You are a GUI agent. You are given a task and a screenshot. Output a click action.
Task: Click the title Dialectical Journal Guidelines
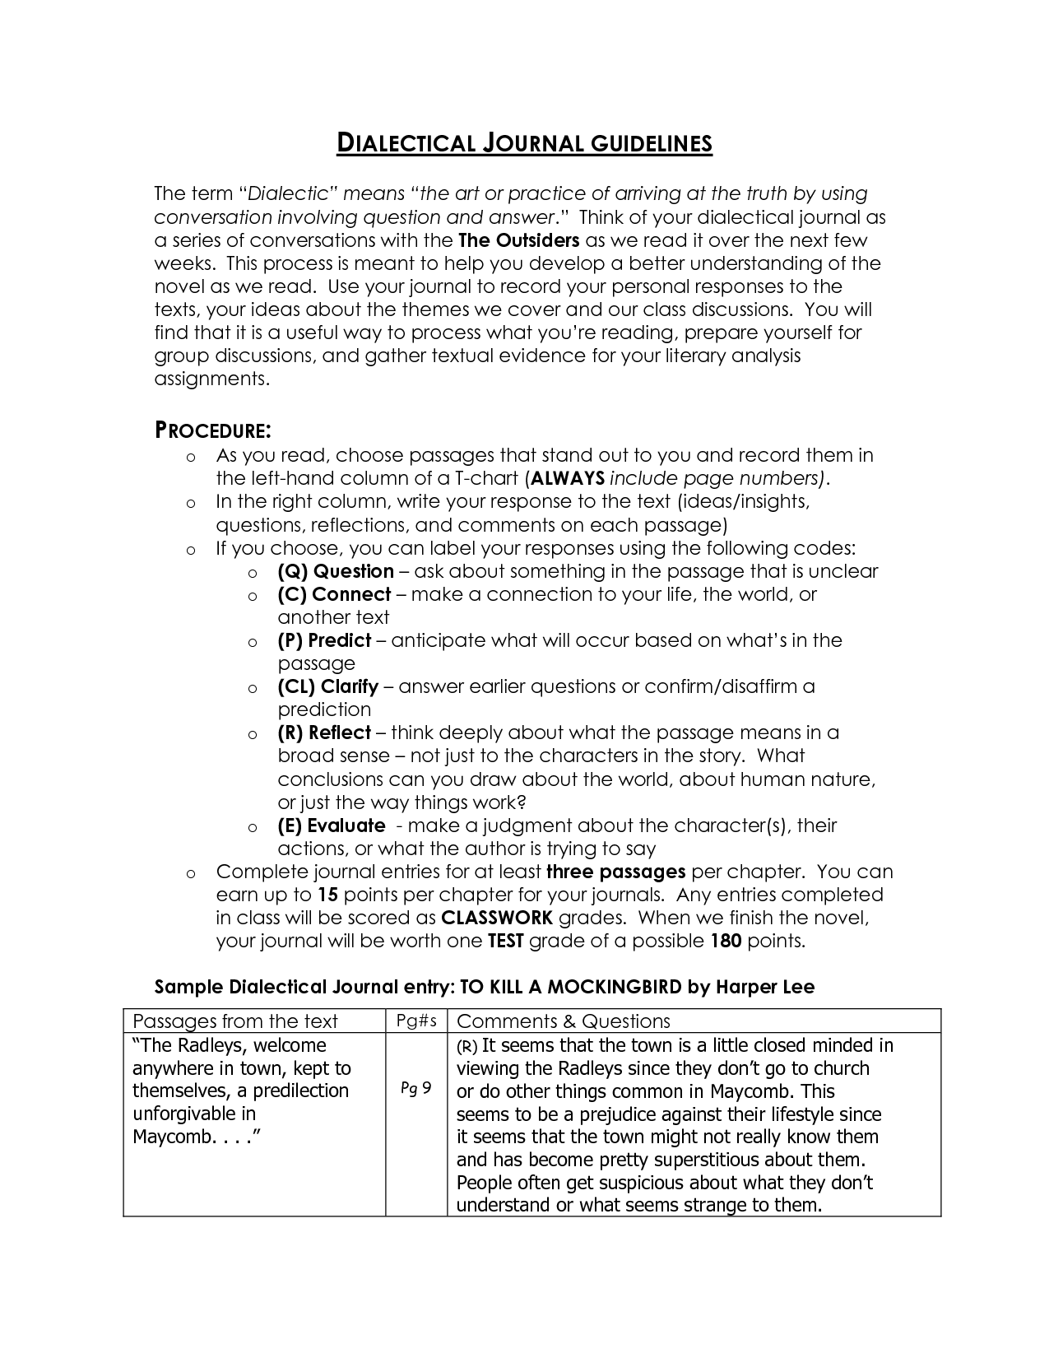(x=524, y=144)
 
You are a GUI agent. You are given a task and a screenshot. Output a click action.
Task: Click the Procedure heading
(x=213, y=430)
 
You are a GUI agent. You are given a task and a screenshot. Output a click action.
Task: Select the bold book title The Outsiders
(x=518, y=240)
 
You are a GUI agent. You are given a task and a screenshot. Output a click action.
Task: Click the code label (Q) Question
(x=336, y=571)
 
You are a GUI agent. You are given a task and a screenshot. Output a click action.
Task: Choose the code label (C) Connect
(x=334, y=594)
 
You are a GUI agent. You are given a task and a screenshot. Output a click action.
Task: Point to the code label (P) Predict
(x=324, y=640)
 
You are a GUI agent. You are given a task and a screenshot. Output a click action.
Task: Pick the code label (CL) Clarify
(x=327, y=686)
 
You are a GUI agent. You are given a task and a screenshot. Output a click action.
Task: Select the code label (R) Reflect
(x=324, y=732)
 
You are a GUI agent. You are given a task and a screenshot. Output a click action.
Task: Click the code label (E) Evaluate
(x=331, y=825)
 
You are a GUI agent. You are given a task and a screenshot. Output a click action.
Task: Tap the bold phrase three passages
(x=615, y=872)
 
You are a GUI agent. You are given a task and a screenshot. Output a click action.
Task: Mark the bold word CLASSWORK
(x=497, y=918)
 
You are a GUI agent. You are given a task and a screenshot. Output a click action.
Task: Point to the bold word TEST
(x=505, y=941)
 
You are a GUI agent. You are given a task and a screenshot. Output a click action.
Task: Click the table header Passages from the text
(x=235, y=1021)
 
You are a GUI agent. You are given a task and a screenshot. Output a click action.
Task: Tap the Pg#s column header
(x=415, y=1021)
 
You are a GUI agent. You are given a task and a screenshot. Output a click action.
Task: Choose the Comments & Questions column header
(x=563, y=1021)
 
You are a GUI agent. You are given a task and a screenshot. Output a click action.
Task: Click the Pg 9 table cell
(x=415, y=1089)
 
